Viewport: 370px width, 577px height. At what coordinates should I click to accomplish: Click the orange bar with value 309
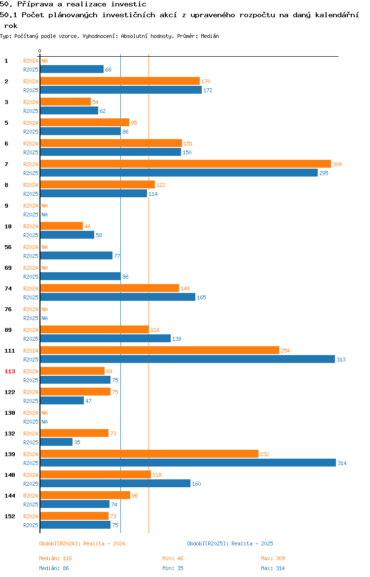click(x=185, y=164)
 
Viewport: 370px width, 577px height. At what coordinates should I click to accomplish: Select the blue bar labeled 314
click(x=188, y=463)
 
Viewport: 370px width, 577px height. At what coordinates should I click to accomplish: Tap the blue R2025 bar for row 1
click(x=72, y=70)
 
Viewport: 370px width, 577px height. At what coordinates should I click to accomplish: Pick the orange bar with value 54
click(x=66, y=102)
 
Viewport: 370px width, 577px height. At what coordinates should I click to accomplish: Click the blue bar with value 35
click(x=56, y=442)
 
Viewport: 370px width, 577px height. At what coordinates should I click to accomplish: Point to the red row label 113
click(x=10, y=371)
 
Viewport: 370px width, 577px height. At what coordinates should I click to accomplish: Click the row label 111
click(x=10, y=351)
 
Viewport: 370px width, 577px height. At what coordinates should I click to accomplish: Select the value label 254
click(x=285, y=351)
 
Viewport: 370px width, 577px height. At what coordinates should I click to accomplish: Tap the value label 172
click(x=208, y=90)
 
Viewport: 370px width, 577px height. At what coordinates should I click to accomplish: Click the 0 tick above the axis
click(x=40, y=51)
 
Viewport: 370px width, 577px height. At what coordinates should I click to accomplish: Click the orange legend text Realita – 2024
click(x=104, y=543)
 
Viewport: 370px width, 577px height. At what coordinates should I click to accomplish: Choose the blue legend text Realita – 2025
click(x=252, y=543)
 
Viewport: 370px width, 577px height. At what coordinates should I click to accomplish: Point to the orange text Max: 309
click(x=273, y=558)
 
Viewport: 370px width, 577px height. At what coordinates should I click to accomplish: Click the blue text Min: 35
click(x=173, y=568)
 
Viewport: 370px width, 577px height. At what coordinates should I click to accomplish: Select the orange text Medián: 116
click(x=56, y=558)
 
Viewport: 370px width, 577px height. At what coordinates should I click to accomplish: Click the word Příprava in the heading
click(x=36, y=4)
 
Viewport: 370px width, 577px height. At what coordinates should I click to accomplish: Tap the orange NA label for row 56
click(x=44, y=247)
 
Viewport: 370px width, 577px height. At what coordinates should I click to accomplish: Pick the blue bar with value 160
click(x=115, y=483)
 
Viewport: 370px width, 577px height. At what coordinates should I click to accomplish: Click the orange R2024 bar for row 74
click(x=110, y=288)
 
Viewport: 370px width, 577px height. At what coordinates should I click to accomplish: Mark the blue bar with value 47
click(x=62, y=401)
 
